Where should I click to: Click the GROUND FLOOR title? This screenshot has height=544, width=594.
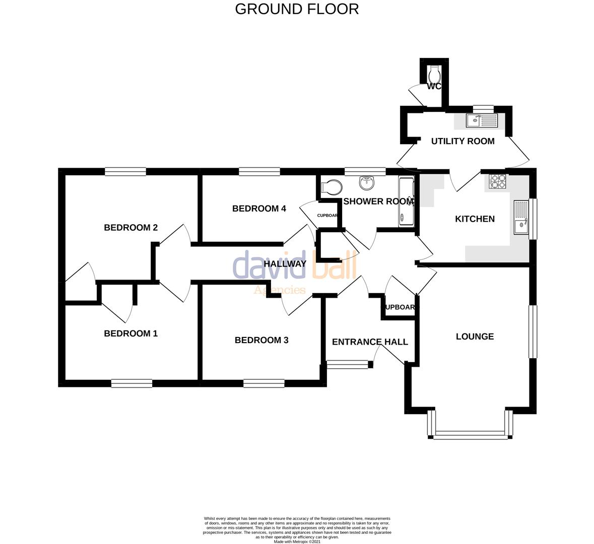[x=297, y=9]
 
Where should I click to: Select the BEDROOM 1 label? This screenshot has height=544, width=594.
[x=130, y=333]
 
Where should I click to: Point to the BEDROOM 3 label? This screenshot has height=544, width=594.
[x=261, y=340]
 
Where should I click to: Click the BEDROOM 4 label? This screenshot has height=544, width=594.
[x=259, y=209]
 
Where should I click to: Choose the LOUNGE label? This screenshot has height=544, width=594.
[x=475, y=336]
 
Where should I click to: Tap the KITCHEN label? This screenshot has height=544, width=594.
[x=475, y=219]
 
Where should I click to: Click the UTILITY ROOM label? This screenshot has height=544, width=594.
[x=463, y=141]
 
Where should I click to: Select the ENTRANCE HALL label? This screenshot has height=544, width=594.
[x=370, y=342]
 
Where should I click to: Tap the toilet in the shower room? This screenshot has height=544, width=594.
[x=331, y=187]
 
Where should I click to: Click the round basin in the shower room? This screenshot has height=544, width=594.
[x=366, y=181]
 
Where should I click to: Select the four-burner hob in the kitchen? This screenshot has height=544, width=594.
[x=497, y=181]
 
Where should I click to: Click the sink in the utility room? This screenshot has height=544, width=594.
[x=482, y=120]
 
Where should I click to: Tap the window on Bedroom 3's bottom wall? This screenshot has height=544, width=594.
[x=263, y=383]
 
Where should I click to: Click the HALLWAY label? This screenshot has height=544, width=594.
[x=285, y=263]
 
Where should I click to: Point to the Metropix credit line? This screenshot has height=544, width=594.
[x=297, y=541]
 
